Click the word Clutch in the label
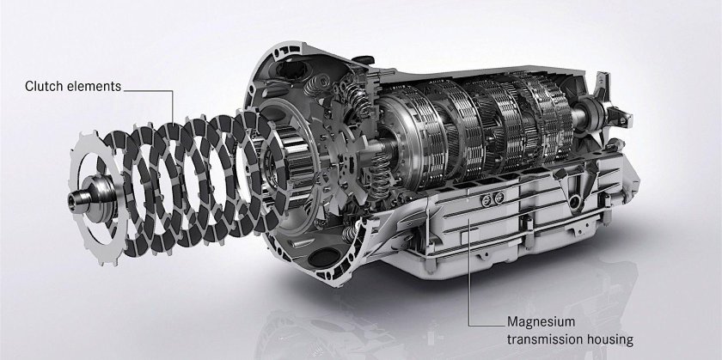(45, 85)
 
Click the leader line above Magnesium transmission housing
(468, 266)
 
